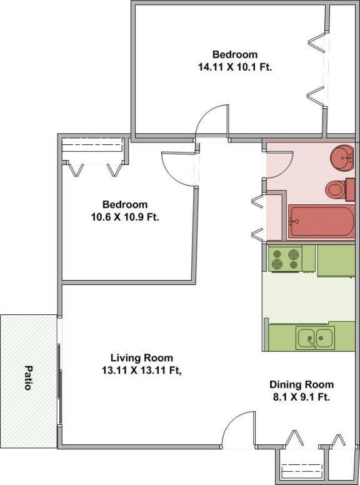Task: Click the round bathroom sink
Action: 342,158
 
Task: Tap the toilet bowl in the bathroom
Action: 336,189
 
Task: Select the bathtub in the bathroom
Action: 322,221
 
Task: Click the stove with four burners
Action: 285,259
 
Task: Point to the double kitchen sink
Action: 315,337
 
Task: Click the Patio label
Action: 29,377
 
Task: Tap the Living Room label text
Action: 142,358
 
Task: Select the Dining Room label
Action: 301,384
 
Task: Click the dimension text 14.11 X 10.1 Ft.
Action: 235,67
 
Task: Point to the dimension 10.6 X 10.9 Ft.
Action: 125,217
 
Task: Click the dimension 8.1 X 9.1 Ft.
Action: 301,397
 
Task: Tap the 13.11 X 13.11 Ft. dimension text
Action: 142,370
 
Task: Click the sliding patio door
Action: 60,384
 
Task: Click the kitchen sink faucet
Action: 311,341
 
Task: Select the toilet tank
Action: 350,189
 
